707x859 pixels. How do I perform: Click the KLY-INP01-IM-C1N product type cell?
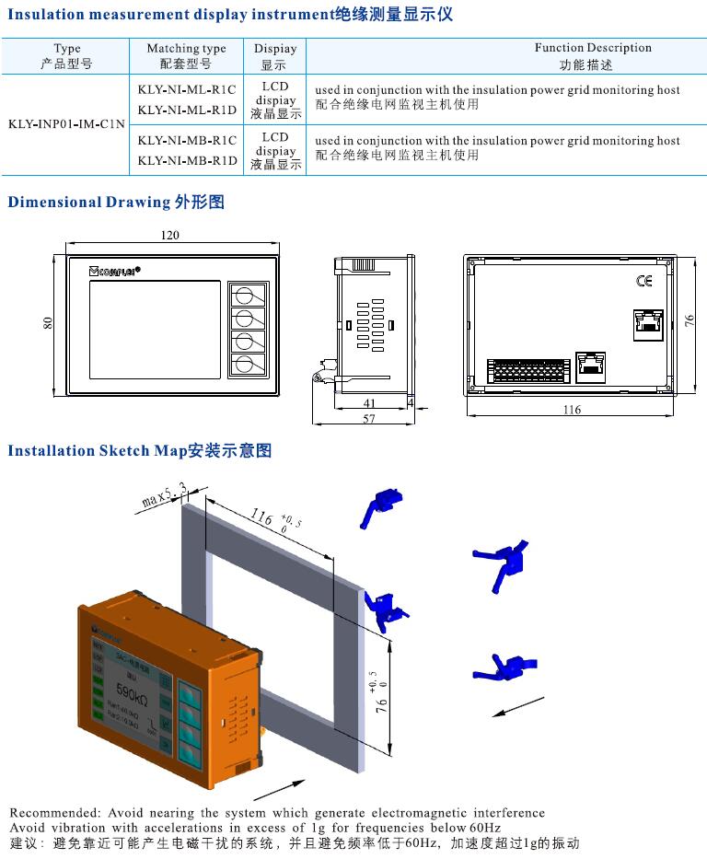tap(66, 123)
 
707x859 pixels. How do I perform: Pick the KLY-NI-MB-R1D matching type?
tap(187, 160)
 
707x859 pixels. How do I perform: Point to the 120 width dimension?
tap(169, 236)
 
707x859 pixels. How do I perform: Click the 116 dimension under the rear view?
tap(572, 410)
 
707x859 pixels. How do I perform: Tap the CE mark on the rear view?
tap(644, 281)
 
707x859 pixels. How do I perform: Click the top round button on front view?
tap(246, 296)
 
